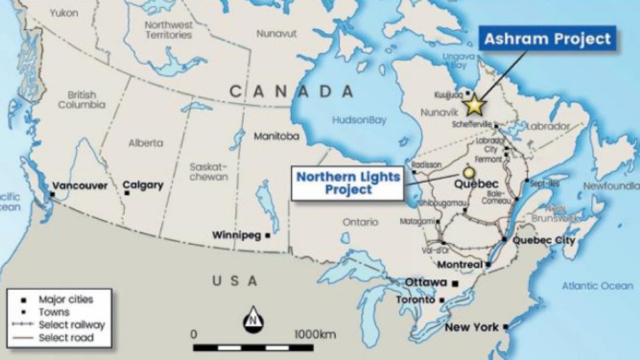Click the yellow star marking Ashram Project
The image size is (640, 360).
pos(475,105)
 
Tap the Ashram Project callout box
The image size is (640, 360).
pos(547,39)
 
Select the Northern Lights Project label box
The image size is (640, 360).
pos(348,183)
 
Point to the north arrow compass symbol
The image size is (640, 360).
pos(253,321)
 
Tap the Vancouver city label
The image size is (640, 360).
pos(80,186)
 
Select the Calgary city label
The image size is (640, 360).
pos(143,185)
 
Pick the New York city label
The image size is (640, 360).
pos(472,327)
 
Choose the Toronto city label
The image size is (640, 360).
pos(415,300)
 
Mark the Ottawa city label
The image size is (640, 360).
pos(426,282)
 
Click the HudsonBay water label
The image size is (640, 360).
pos(359,120)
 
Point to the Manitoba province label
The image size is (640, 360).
pos(276,136)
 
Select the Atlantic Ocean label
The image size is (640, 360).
pos(597,285)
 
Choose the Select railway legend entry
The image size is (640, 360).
pos(71,325)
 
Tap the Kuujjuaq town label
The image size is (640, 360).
pos(447,95)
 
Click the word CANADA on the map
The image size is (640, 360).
pos(292,91)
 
